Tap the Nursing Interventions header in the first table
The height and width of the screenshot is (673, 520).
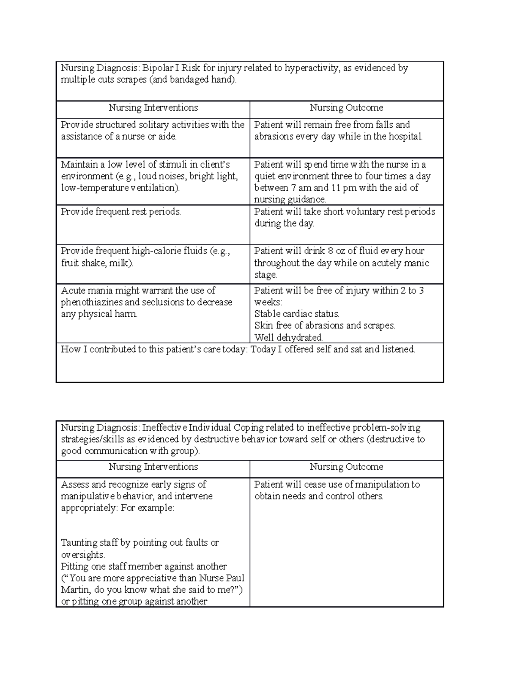[x=153, y=108]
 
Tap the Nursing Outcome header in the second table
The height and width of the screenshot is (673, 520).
[x=346, y=467]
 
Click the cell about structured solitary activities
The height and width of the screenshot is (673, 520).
[x=153, y=131]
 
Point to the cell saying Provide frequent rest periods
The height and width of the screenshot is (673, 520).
[x=121, y=212]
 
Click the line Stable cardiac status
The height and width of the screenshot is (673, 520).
[x=297, y=314]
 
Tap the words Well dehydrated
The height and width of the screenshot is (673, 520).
[x=288, y=338]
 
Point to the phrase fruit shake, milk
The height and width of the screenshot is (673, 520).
[x=97, y=263]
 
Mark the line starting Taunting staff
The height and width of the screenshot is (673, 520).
[x=140, y=543]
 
